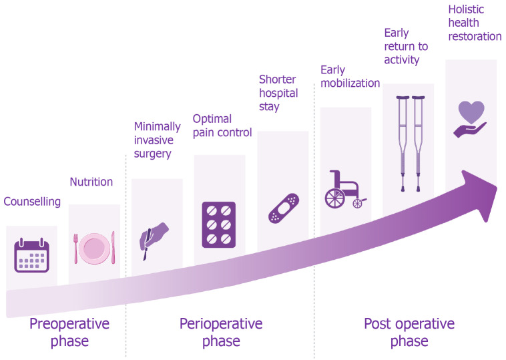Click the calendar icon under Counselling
click(32, 256)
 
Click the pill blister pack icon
click(218, 224)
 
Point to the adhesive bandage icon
click(284, 208)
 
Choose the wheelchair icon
click(344, 189)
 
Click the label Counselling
click(32, 202)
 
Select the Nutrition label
click(91, 182)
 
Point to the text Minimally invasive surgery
click(158, 140)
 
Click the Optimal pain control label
click(222, 126)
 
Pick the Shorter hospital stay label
click(278, 94)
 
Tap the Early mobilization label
click(350, 76)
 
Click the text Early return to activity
click(406, 46)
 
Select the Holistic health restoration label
click(475, 23)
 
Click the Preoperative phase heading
click(69, 333)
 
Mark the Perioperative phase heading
click(221, 333)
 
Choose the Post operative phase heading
click(409, 333)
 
